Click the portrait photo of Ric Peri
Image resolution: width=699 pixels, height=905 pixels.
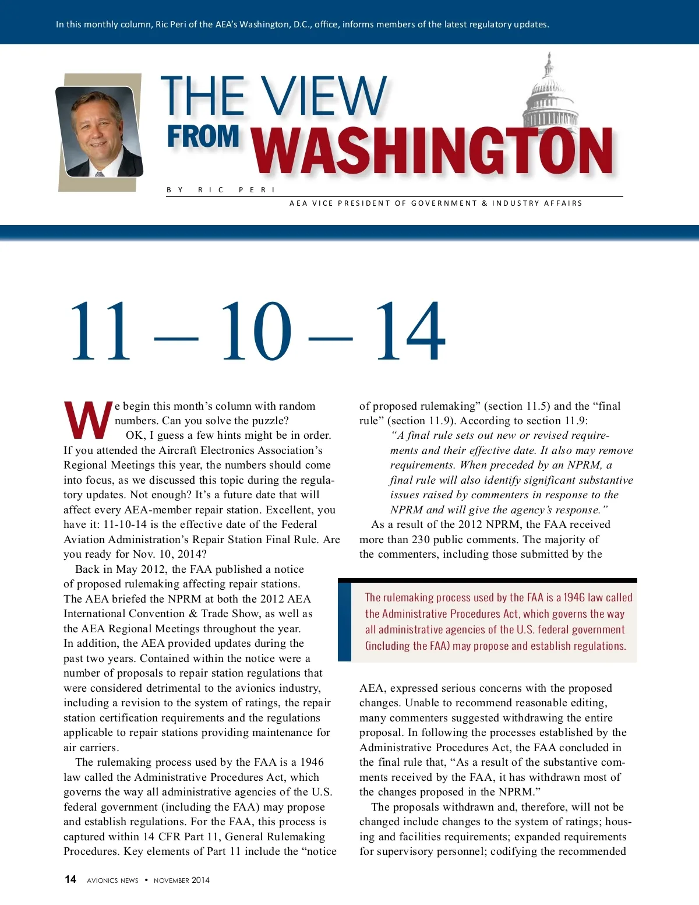click(99, 132)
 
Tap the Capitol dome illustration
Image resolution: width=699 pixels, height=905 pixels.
click(549, 93)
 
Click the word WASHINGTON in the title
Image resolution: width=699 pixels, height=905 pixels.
click(432, 151)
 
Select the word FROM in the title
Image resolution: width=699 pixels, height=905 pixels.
click(203, 136)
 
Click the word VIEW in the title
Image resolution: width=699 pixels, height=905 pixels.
click(323, 96)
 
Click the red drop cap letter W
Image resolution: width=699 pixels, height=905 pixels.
click(87, 420)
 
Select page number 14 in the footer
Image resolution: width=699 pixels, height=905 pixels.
click(70, 879)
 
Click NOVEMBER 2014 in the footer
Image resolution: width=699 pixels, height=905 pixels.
click(181, 881)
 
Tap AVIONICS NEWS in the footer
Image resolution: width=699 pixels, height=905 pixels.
click(112, 881)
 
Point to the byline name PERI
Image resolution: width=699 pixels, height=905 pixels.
click(256, 190)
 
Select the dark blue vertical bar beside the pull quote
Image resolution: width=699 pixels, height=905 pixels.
click(344, 622)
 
